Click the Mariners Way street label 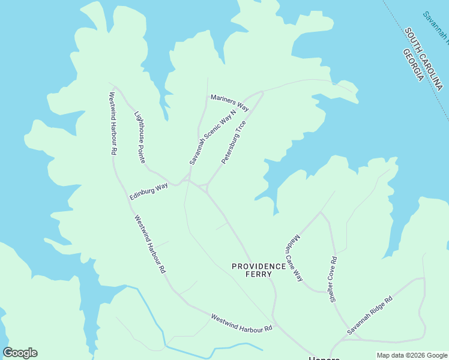[x=229, y=103]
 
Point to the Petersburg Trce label [x=234, y=142]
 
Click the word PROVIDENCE [x=259, y=266]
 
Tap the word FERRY [x=259, y=274]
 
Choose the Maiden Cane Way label [x=294, y=259]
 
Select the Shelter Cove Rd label [x=334, y=279]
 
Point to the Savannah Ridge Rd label [x=369, y=315]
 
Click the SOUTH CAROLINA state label [x=423, y=59]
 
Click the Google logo [x=20, y=353]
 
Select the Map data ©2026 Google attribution [x=411, y=355]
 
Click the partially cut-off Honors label [x=324, y=358]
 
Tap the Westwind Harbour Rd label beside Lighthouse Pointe [x=112, y=123]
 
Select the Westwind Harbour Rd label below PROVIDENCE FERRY [x=241, y=322]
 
